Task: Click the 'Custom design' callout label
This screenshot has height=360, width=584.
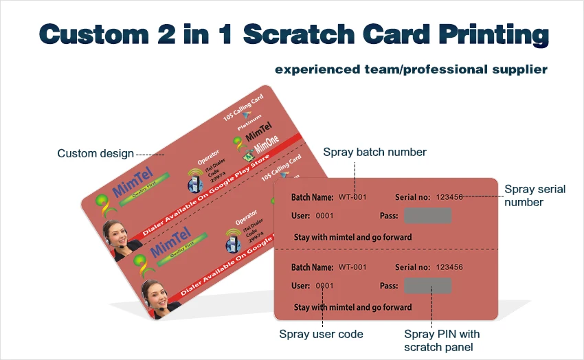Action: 95,154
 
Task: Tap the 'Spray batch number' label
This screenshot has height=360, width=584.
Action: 374,152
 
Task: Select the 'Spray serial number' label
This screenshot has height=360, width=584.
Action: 535,195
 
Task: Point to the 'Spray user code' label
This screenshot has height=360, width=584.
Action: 321,335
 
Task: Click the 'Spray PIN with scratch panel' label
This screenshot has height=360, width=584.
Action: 442,341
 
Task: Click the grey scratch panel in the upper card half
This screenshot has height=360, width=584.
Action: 427,216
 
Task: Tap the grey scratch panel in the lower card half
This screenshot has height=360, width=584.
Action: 427,286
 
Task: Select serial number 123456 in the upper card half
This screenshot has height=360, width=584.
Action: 449,197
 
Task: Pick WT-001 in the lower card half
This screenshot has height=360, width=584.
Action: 352,267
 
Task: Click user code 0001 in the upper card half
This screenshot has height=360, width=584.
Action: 324,216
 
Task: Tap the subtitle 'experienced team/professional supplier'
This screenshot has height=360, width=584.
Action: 411,69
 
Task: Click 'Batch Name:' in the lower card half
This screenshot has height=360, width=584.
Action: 312,267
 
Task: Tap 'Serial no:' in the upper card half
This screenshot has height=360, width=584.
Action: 412,197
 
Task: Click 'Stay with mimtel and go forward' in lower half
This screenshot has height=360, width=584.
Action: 352,307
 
